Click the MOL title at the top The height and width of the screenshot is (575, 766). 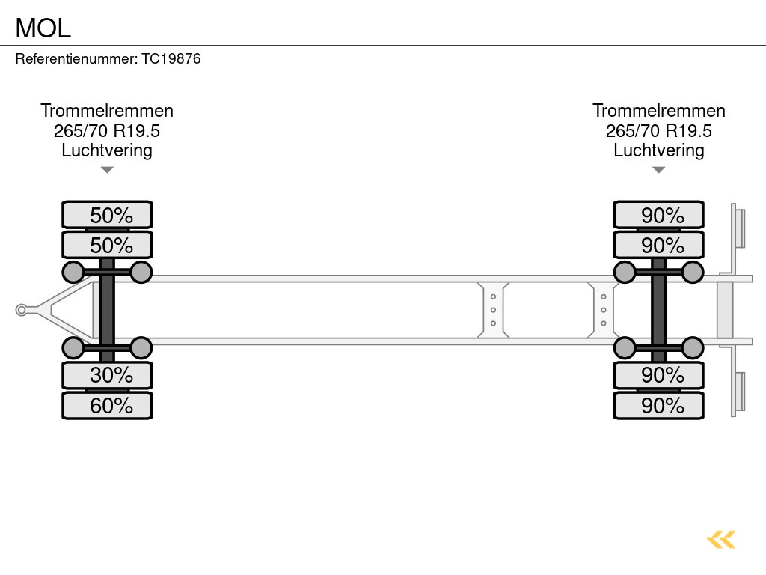pos(43,28)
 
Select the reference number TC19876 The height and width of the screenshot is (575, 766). pos(171,58)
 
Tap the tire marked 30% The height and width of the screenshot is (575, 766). pos(107,375)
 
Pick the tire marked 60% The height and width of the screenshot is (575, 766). pos(107,406)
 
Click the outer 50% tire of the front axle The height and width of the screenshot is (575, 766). pos(107,215)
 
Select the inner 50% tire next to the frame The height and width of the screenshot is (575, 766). pos(107,245)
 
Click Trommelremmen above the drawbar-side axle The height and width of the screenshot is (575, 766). pos(107,111)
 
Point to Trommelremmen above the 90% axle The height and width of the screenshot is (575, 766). pos(658,111)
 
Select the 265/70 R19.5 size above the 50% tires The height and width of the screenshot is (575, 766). pos(107,131)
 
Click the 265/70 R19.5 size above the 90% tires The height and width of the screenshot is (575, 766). pos(658,131)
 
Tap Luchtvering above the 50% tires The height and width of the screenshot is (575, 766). pos(107,150)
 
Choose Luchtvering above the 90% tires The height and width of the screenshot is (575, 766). pos(658,150)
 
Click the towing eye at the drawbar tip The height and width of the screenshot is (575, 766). pos(22,310)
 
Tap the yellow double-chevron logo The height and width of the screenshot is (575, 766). pos(721,539)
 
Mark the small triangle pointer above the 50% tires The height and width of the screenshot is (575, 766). pos(107,170)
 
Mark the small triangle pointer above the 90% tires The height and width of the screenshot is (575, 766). pos(658,170)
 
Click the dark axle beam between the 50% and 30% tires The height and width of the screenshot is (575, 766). pos(107,310)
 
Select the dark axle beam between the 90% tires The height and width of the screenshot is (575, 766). pos(658,310)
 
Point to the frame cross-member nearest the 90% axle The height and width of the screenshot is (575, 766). pos(602,310)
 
